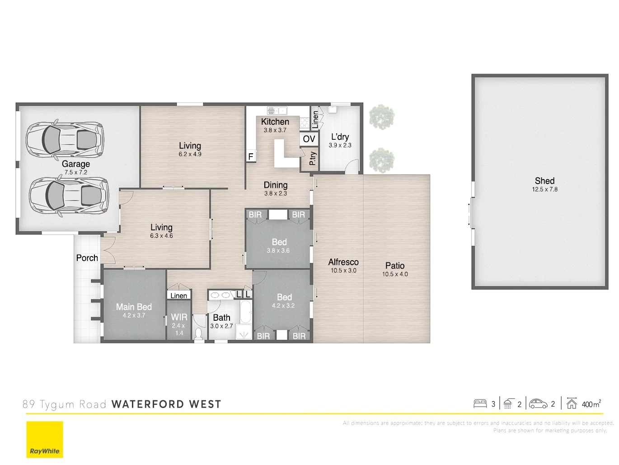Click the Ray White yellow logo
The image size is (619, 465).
click(45, 439)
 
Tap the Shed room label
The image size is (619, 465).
click(544, 180)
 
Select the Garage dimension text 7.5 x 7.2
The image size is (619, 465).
click(75, 172)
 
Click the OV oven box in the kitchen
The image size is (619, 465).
click(309, 138)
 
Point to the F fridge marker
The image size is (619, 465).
click(250, 157)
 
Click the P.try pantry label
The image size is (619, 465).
click(313, 158)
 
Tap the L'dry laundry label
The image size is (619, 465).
click(340, 137)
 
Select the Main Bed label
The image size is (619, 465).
click(134, 307)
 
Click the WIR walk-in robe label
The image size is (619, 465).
click(179, 317)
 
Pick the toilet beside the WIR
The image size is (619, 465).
click(198, 334)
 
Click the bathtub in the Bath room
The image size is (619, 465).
click(245, 312)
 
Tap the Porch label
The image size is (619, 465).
click(87, 258)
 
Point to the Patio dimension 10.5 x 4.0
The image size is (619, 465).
click(395, 274)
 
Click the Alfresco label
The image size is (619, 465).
click(343, 262)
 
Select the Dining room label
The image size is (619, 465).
click(276, 185)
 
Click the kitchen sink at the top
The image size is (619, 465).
click(277, 110)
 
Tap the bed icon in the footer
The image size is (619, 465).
click(480, 403)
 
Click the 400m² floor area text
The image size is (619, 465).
click(591, 404)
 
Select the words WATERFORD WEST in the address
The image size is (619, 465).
click(166, 404)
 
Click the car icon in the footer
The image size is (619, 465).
click(538, 404)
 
